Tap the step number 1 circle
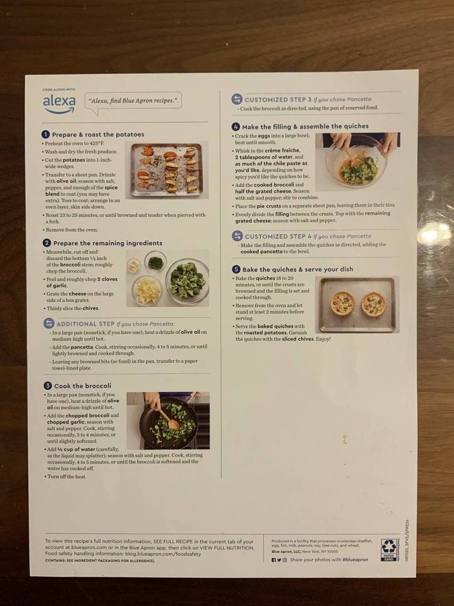pos(46,135)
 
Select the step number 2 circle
pos(47,243)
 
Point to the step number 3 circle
pos(48,386)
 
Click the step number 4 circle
pos(236,126)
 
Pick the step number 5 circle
pos(236,269)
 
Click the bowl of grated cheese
pos(147,290)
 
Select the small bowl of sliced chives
pos(155,261)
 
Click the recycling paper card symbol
pos(389,549)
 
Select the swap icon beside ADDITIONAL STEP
pos(49,323)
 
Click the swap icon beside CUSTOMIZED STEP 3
pos(237,99)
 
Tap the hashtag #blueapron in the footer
pos(355,560)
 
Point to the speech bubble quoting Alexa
pos(133,101)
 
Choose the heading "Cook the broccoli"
pos(82,386)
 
